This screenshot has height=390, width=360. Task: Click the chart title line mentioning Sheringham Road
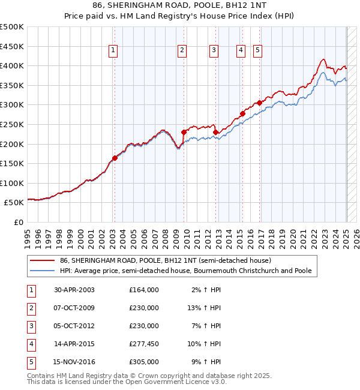pyautogui.click(x=179, y=6)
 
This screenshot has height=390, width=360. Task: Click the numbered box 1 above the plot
pyautogui.click(x=113, y=51)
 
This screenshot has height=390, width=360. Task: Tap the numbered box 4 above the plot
pyautogui.click(x=241, y=51)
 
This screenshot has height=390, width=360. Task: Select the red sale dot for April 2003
pyautogui.click(x=115, y=158)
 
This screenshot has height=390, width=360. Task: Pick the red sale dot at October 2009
pyautogui.click(x=184, y=132)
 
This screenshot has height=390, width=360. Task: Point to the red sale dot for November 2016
pyautogui.click(x=260, y=103)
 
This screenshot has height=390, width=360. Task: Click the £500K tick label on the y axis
pyautogui.click(x=12, y=27)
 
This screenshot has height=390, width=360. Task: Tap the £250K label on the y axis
pyautogui.click(x=12, y=124)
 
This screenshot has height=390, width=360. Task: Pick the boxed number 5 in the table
pyautogui.click(x=31, y=362)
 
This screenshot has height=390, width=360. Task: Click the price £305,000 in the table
pyautogui.click(x=144, y=362)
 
